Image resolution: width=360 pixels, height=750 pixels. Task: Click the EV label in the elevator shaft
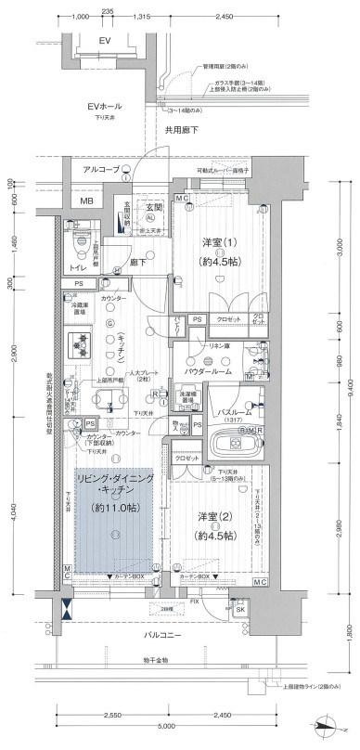pos(104,42)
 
